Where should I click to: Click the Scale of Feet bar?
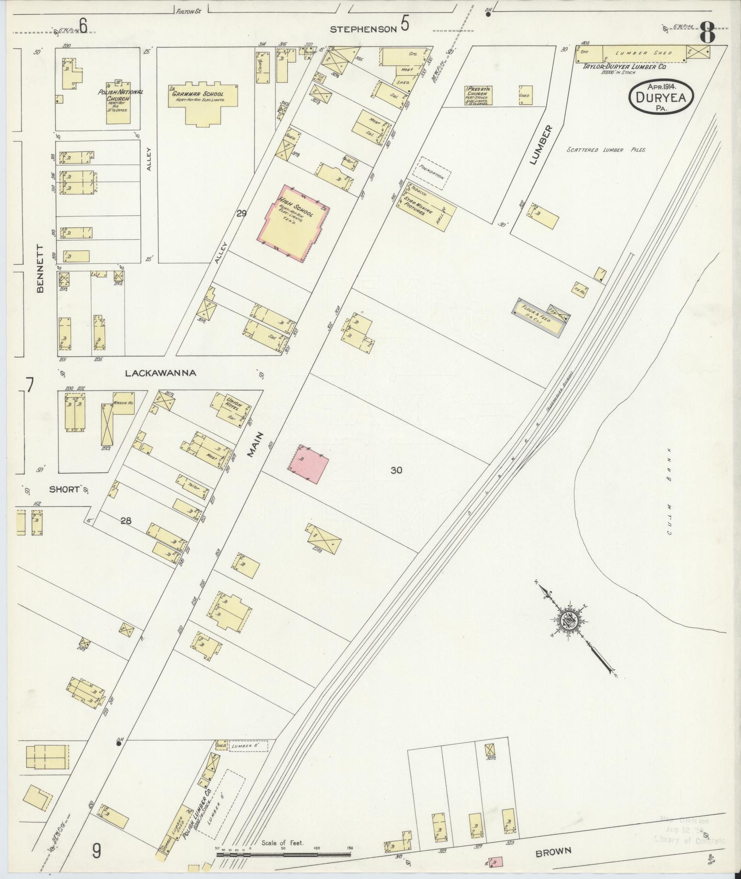click(x=283, y=855)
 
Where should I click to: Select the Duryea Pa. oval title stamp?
click(x=662, y=96)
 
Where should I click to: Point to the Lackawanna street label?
click(x=161, y=373)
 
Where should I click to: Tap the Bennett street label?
click(x=40, y=269)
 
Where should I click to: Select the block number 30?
click(x=396, y=470)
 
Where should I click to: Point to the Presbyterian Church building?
click(x=480, y=95)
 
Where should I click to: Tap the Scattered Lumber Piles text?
click(x=606, y=150)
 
